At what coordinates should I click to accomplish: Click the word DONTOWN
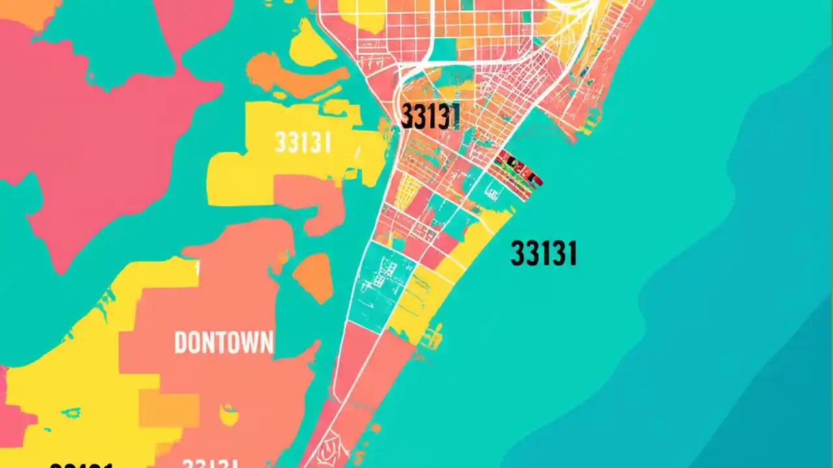point(224,343)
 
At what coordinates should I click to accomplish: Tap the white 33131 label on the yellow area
point(303,142)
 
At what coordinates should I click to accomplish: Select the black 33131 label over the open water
point(543,253)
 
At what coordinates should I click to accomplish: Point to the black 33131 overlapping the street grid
point(430,116)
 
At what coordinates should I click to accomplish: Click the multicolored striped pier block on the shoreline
point(519,169)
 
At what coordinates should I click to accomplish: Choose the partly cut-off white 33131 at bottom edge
point(210,463)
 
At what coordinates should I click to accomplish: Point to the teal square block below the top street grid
point(444,49)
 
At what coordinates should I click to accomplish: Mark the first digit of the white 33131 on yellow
point(280,142)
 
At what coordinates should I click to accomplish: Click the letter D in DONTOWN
point(181,343)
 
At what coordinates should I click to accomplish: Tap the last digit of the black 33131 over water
point(571,253)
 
